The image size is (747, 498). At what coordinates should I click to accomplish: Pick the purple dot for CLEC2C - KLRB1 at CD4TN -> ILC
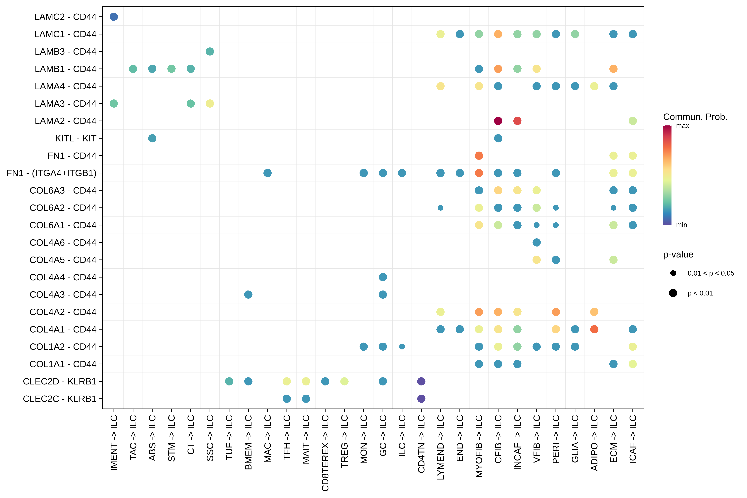tap(421, 399)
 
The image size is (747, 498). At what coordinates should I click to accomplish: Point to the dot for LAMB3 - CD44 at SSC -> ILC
tap(210, 51)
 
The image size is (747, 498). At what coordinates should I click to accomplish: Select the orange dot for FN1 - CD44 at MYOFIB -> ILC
tap(479, 156)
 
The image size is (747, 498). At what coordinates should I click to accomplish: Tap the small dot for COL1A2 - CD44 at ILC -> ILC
tap(402, 346)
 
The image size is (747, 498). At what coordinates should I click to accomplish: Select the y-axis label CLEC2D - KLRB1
tap(60, 381)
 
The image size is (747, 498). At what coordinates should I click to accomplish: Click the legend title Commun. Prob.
tap(695, 117)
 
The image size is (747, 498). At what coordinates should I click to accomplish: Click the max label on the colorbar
tap(682, 126)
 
